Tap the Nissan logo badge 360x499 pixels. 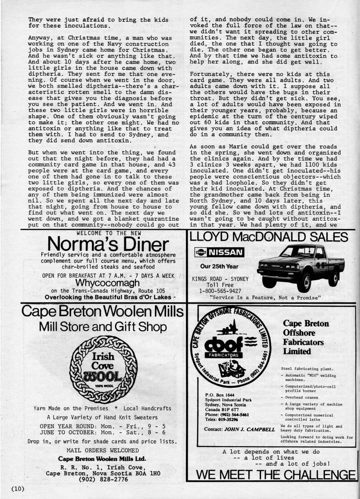click(x=219, y=253)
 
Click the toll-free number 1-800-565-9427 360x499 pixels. click(x=220, y=291)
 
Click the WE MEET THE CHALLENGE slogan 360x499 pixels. click(x=275, y=474)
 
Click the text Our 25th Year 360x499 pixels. click(x=219, y=267)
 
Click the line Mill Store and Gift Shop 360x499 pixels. click(x=103, y=327)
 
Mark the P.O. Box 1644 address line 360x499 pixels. click(x=219, y=394)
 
